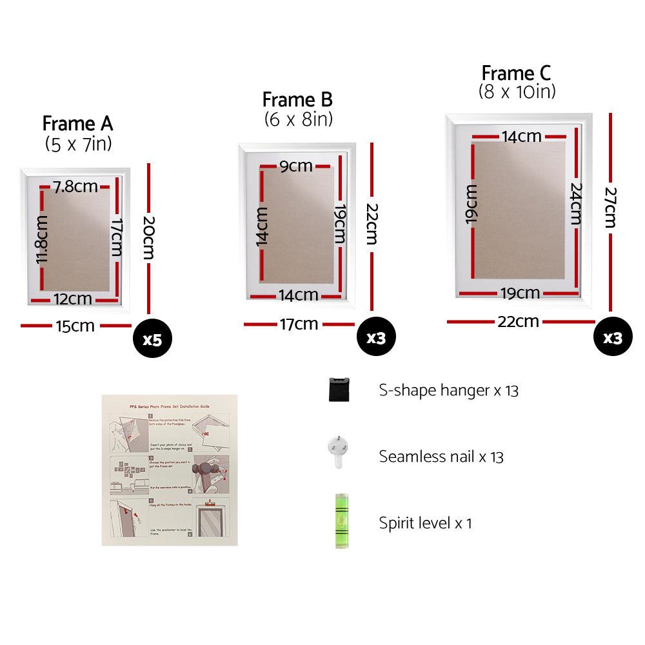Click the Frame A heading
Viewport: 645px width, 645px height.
point(77,123)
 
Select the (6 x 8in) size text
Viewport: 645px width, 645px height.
point(298,119)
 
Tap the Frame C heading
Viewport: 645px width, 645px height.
point(517,73)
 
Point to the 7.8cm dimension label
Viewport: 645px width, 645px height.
point(76,187)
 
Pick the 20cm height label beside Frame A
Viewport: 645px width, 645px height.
point(148,237)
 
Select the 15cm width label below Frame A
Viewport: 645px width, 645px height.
point(75,326)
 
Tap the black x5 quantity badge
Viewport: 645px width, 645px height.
point(152,339)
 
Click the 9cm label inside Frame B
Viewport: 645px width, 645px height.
point(296,166)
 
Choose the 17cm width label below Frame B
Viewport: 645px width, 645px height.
point(299,324)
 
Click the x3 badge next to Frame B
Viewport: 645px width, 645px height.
point(376,337)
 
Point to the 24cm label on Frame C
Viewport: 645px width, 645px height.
point(576,204)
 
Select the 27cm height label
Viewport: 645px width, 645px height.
point(610,208)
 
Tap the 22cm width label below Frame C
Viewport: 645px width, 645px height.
point(518,321)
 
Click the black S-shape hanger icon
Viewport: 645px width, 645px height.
point(339,390)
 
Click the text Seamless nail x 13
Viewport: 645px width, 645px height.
point(441,457)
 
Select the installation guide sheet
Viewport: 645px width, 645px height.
point(170,470)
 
